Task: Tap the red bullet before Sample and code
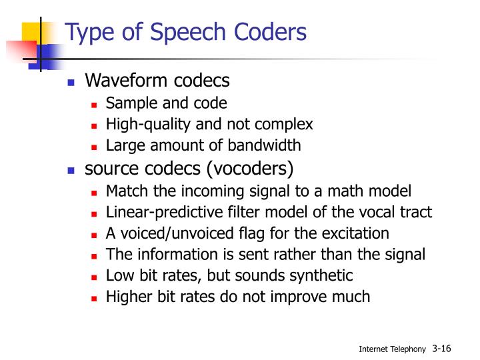[94, 105]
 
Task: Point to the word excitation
[357, 233]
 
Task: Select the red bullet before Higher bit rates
[94, 297]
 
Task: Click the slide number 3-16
[441, 347]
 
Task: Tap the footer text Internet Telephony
[391, 349]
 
